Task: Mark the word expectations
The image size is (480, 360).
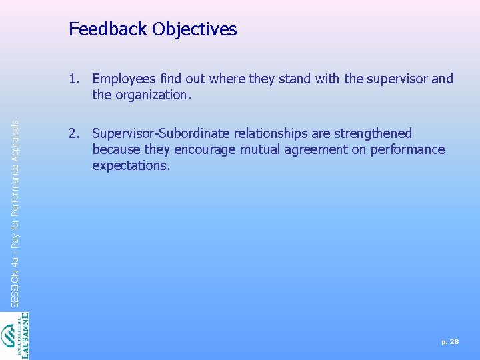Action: click(131, 165)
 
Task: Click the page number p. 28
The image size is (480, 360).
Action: click(450, 341)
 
